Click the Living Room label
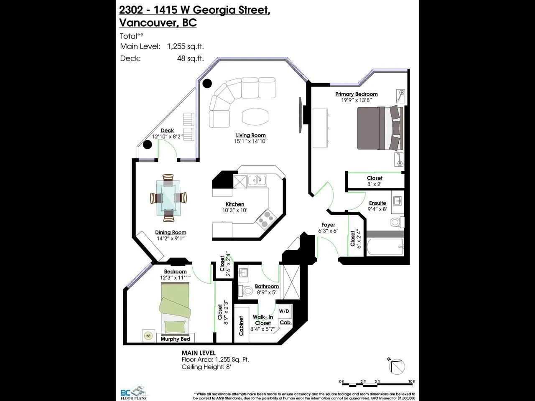250,135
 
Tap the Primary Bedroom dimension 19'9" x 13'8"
356,100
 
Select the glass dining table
169,198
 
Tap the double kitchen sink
257,180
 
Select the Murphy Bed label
176,339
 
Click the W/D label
284,311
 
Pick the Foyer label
328,225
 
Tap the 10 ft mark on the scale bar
411,381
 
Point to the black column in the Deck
147,145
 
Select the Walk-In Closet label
263,320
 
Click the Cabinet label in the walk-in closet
241,326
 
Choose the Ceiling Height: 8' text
206,367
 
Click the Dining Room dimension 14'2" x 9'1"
171,239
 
